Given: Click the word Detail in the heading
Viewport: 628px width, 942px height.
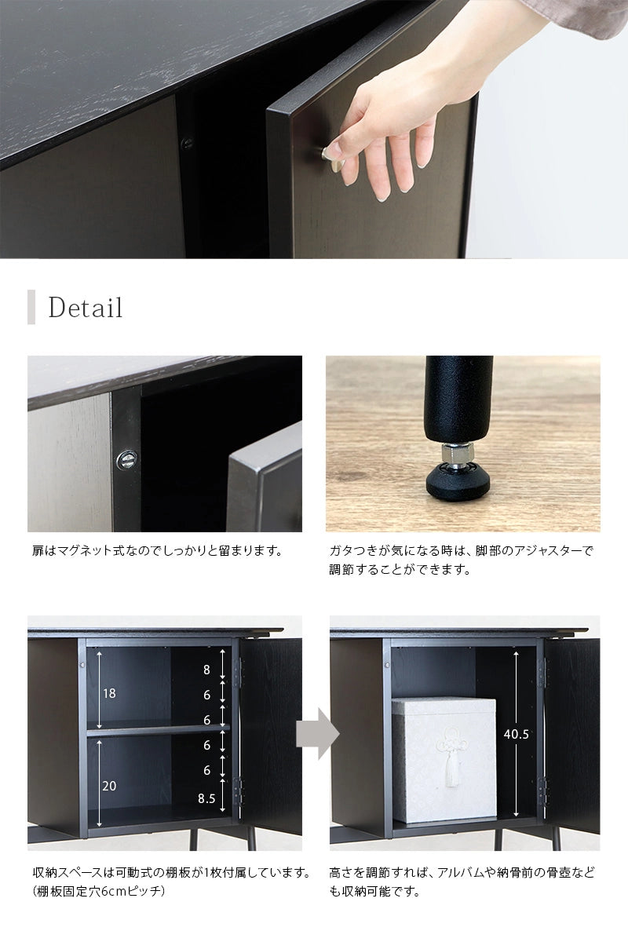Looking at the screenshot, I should click(x=86, y=308).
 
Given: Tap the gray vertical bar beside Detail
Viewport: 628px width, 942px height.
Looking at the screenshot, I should click(x=31, y=307).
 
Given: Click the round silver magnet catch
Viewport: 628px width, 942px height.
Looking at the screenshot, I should click(x=125, y=459).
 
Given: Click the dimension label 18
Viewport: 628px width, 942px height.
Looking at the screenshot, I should click(x=109, y=693).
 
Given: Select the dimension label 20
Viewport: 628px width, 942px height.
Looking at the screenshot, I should click(x=109, y=784).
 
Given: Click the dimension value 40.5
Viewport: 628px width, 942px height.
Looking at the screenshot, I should click(x=515, y=735).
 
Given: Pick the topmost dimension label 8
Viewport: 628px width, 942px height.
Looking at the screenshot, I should click(x=207, y=670).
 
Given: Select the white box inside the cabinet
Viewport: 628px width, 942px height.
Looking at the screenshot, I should click(x=444, y=758).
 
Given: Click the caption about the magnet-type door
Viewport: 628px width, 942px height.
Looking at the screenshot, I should click(x=156, y=550).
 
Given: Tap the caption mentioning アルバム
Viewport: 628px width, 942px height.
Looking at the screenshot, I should click(x=462, y=882).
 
